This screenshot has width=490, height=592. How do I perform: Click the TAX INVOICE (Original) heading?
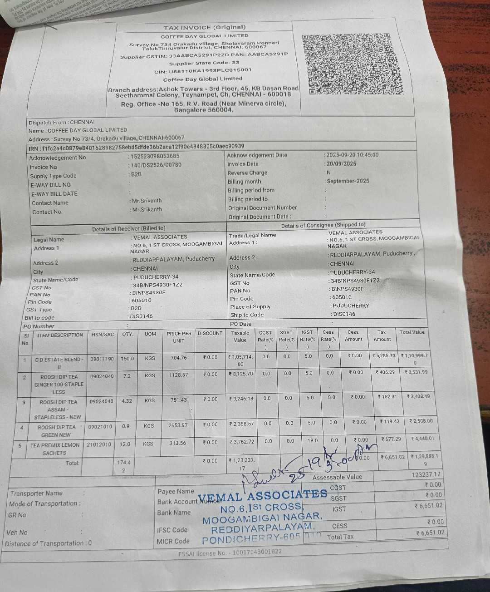click(x=205, y=28)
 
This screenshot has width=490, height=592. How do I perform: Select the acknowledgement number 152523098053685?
click(x=155, y=156)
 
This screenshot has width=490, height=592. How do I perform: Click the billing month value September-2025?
click(x=348, y=181)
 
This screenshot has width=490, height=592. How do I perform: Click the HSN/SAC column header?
click(x=103, y=335)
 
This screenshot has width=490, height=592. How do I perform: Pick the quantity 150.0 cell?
click(x=127, y=359)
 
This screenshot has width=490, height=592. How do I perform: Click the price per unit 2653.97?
click(x=178, y=425)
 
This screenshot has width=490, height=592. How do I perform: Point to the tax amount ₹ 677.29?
click(x=391, y=439)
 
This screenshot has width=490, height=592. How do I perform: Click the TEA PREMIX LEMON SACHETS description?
click(x=54, y=449)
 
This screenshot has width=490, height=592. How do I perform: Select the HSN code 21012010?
click(x=99, y=444)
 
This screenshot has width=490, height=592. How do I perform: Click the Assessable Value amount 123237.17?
click(x=426, y=475)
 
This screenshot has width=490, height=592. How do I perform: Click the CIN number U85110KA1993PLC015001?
click(x=210, y=71)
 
